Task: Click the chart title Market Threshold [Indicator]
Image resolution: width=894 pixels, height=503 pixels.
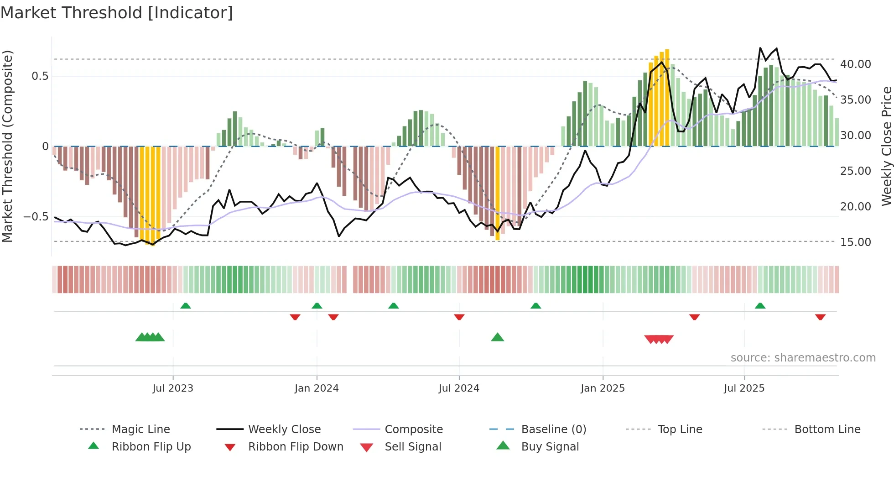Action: [x=117, y=13]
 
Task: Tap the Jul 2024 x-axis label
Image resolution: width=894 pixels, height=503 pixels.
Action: [x=459, y=388]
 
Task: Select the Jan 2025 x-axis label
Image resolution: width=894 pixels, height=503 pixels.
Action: [x=603, y=388]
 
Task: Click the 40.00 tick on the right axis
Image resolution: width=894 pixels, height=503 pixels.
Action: [x=855, y=64]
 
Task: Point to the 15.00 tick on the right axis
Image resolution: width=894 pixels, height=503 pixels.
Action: [x=855, y=242]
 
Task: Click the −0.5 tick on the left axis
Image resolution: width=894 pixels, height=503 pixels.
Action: [x=36, y=216]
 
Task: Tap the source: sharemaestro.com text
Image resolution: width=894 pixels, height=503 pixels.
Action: [x=803, y=357]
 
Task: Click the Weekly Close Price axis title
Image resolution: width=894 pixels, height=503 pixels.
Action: [x=886, y=146]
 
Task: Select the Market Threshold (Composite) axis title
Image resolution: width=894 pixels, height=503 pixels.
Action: [x=7, y=146]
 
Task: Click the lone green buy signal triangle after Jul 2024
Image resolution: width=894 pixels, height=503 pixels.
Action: [x=497, y=337]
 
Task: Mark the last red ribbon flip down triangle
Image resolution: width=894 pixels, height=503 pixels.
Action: [x=820, y=317]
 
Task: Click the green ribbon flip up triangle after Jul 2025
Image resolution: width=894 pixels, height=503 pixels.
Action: [x=760, y=306]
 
